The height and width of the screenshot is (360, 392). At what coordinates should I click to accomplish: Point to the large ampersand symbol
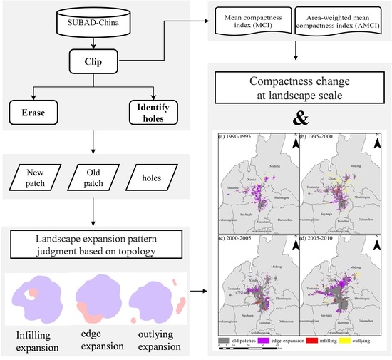coord(298,117)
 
